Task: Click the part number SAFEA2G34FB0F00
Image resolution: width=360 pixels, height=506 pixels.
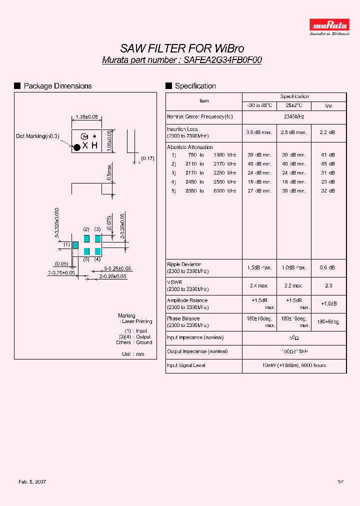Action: pyautogui.click(x=222, y=60)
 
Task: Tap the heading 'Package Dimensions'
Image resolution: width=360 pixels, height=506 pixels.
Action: pyautogui.click(x=57, y=86)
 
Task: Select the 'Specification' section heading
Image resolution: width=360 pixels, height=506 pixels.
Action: pyautogui.click(x=195, y=86)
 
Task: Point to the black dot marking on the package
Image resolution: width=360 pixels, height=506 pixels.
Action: pyautogui.click(x=77, y=146)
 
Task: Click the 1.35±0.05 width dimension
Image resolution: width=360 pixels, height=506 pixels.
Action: pyautogui.click(x=86, y=117)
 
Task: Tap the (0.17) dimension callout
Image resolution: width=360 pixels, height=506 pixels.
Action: pyautogui.click(x=147, y=158)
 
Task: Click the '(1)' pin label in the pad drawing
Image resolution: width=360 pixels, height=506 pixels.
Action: pyautogui.click(x=66, y=244)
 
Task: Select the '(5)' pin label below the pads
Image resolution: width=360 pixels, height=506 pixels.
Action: pyautogui.click(x=86, y=259)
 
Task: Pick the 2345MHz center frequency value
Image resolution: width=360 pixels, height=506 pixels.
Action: pyautogui.click(x=294, y=116)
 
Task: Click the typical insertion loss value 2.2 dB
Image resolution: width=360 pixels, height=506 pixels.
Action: pyautogui.click(x=328, y=132)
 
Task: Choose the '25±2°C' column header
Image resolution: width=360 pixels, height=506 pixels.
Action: pyautogui.click(x=294, y=105)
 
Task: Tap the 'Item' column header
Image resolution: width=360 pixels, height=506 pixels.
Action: pyautogui.click(x=204, y=100)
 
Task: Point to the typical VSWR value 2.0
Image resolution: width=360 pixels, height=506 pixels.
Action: pyautogui.click(x=328, y=285)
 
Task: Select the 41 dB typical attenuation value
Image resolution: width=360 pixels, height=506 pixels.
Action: pyautogui.click(x=328, y=155)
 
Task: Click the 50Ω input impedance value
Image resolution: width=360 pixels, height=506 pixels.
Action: pyautogui.click(x=294, y=338)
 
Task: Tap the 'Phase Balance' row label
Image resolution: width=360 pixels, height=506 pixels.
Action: pyautogui.click(x=183, y=318)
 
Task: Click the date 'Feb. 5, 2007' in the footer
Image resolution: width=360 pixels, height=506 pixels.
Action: pyautogui.click(x=32, y=481)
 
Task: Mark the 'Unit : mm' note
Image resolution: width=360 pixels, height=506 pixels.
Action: pyautogui.click(x=133, y=354)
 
